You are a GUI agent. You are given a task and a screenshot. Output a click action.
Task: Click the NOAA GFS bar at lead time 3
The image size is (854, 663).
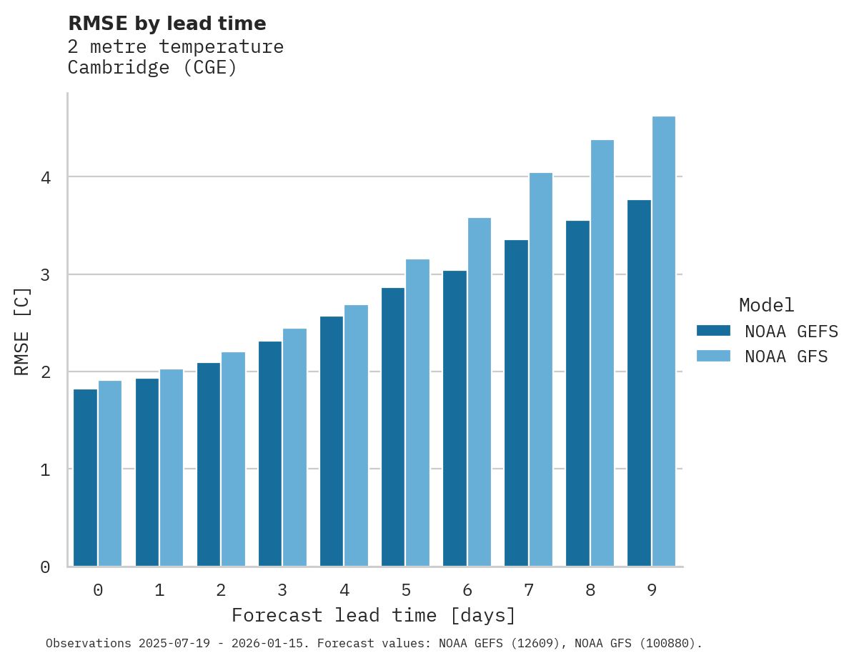point(295,447)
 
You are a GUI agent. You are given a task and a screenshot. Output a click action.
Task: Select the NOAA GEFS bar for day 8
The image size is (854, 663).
point(577,393)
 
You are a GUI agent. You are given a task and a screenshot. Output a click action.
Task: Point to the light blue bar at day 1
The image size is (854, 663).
point(172,467)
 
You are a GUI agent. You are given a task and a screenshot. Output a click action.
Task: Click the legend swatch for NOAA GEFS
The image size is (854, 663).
point(713,331)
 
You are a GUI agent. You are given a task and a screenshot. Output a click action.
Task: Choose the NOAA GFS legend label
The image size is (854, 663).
point(786,357)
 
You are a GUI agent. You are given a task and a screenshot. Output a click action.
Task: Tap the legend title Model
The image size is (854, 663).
point(766,305)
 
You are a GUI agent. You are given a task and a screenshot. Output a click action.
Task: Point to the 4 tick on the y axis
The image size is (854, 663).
point(45,177)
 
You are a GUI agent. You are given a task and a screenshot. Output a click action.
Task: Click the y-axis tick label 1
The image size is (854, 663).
point(45,469)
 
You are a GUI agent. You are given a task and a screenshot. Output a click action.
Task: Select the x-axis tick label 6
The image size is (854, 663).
point(467,591)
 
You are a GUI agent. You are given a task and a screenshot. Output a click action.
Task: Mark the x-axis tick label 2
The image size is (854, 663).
point(221,591)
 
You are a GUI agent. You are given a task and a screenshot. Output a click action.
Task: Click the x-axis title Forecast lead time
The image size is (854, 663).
point(373,615)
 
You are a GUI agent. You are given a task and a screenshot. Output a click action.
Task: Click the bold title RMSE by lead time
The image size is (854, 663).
point(167,24)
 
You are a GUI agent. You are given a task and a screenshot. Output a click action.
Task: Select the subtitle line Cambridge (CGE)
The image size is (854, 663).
point(152,68)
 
